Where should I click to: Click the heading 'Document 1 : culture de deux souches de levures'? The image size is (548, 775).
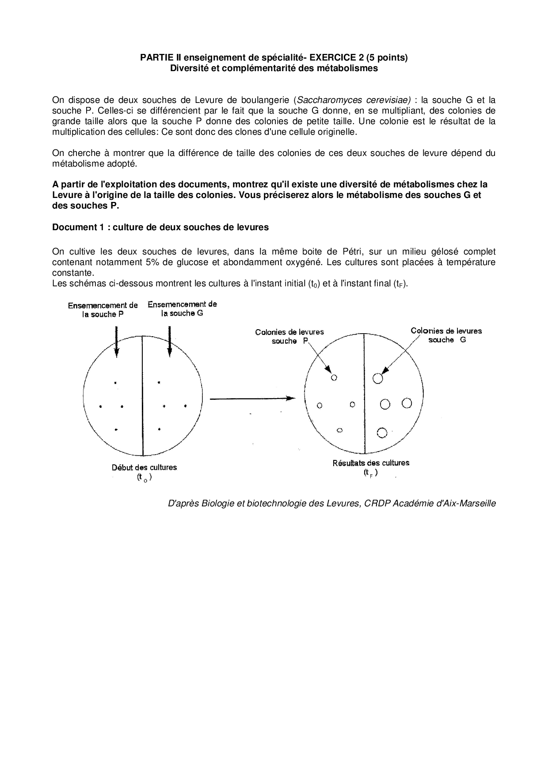pyautogui.click(x=160, y=227)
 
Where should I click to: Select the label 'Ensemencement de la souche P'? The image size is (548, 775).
pyautogui.click(x=103, y=310)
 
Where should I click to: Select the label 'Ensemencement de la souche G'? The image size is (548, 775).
pyautogui.click(x=182, y=308)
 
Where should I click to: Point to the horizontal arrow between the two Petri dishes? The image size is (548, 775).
pyautogui.click(x=252, y=399)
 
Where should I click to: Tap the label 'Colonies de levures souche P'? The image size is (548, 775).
pyautogui.click(x=289, y=336)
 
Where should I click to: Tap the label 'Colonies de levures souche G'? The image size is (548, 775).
pyautogui.click(x=446, y=335)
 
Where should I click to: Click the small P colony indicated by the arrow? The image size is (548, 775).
pyautogui.click(x=334, y=378)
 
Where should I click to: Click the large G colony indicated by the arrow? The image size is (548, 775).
pyautogui.click(x=377, y=378)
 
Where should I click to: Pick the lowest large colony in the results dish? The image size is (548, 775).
pyautogui.click(x=382, y=433)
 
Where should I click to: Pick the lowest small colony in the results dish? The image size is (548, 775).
pyautogui.click(x=339, y=430)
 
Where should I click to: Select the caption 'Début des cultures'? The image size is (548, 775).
pyautogui.click(x=144, y=467)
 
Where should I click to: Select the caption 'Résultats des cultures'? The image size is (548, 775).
pyautogui.click(x=370, y=463)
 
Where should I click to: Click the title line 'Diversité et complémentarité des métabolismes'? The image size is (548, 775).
pyautogui.click(x=274, y=68)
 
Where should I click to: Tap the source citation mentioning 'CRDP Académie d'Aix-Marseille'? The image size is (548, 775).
pyautogui.click(x=332, y=503)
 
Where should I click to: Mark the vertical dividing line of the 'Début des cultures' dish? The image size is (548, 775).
pyautogui.click(x=142, y=398)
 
